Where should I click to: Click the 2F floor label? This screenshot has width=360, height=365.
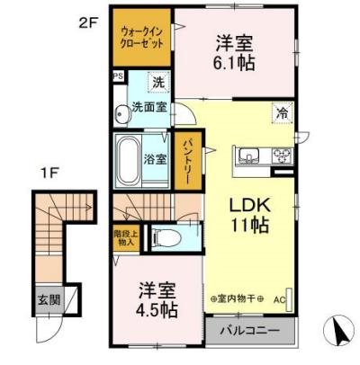87,22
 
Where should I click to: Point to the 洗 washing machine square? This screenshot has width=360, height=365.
158,84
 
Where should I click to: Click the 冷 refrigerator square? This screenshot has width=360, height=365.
281,113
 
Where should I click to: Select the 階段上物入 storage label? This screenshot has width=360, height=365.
125,236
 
